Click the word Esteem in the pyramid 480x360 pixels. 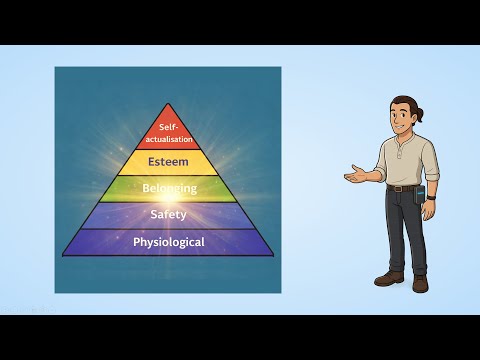pos(168,159)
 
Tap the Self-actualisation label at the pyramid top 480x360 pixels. pos(168,134)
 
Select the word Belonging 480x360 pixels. pos(168,187)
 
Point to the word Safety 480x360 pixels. pos(168,214)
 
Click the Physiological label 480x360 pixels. pos(168,242)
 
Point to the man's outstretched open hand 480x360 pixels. pos(355,177)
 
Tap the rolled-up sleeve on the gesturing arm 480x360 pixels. pos(381,171)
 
